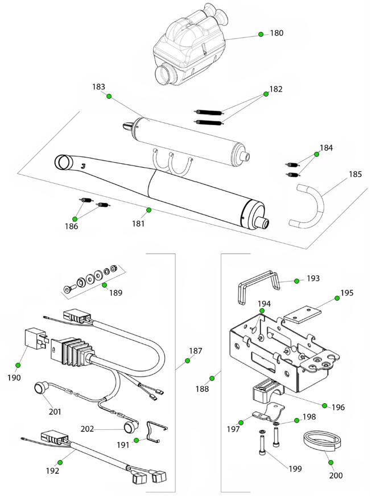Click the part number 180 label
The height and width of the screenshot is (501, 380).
tap(276, 33)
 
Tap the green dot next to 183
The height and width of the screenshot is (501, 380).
tap(109, 96)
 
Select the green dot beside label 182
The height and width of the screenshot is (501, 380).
tap(266, 94)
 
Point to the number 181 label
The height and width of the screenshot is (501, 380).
tap(138, 223)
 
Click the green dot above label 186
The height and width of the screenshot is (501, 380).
tap(75, 219)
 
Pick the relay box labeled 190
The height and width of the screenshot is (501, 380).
tap(36, 342)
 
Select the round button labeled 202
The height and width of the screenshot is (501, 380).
tap(131, 425)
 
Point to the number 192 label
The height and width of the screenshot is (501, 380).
tap(52, 471)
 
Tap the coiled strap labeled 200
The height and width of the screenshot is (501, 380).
tap(321, 441)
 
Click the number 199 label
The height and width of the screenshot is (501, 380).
tap(295, 469)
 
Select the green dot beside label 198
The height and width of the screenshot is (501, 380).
tap(296, 420)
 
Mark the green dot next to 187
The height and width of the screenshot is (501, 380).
tap(188, 361)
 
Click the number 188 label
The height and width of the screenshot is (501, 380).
tap(203, 389)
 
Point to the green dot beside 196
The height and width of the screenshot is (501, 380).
tap(325, 405)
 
